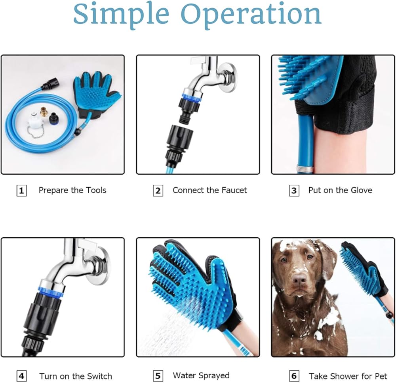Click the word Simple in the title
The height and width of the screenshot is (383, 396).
(x=121, y=15)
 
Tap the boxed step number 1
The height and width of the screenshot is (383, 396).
(x=21, y=191)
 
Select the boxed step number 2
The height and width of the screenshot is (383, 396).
(x=158, y=191)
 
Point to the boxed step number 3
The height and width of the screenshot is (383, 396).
(x=294, y=191)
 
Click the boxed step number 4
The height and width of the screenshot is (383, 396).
(x=21, y=376)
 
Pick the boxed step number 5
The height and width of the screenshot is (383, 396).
(x=158, y=376)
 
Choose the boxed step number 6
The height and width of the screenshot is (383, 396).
(x=294, y=376)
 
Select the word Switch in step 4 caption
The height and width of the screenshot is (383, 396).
(x=99, y=376)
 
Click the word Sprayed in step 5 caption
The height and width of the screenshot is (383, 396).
(x=214, y=376)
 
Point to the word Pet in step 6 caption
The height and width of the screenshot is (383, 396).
(x=380, y=376)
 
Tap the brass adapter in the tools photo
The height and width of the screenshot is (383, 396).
(x=44, y=112)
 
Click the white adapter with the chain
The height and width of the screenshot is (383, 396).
(x=34, y=121)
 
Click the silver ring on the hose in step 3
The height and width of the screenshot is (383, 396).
(x=305, y=169)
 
